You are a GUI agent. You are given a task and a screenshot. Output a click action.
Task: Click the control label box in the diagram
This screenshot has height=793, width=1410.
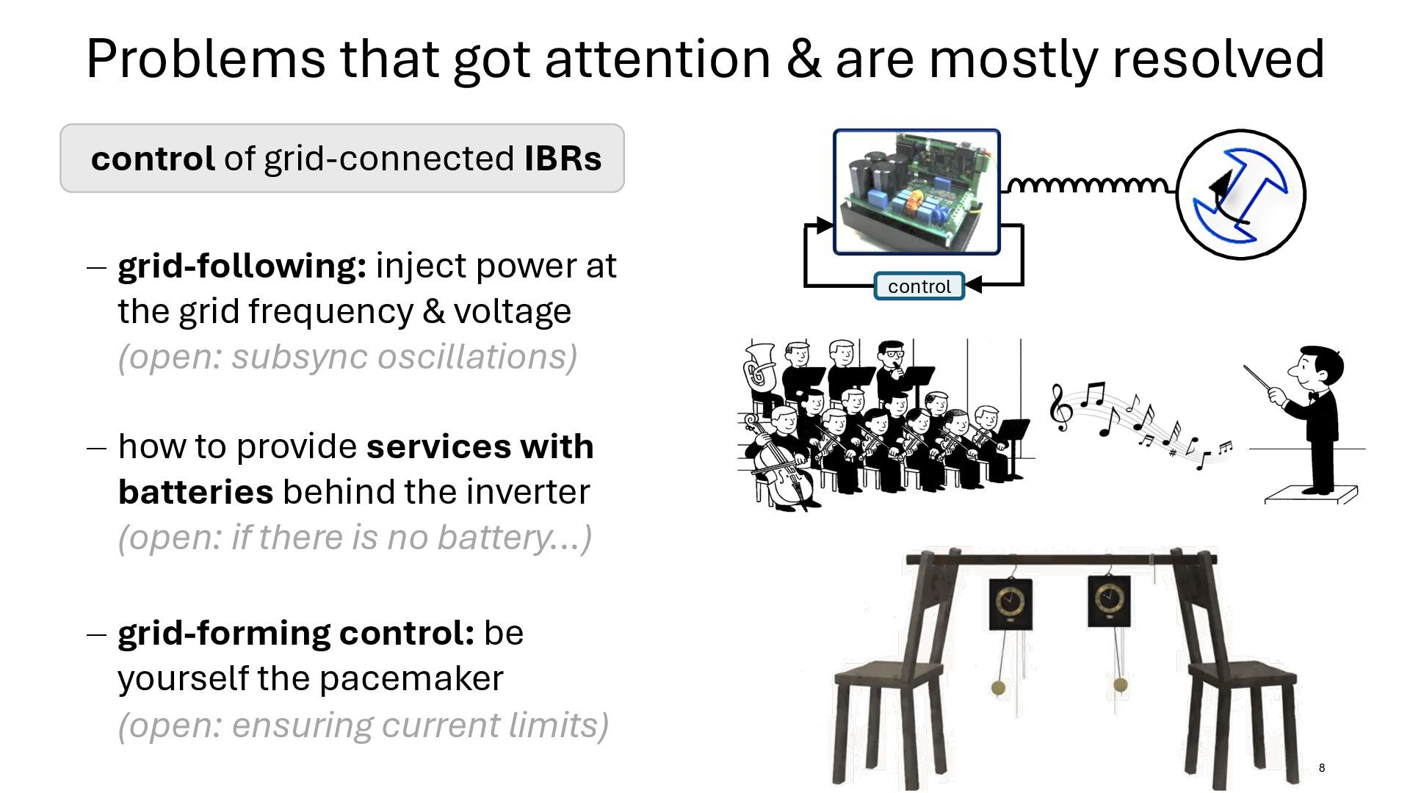(x=919, y=286)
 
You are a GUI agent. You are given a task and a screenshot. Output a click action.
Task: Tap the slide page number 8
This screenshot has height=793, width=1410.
(x=1322, y=768)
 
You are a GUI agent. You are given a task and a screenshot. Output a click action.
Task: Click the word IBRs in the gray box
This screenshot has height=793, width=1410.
(x=563, y=159)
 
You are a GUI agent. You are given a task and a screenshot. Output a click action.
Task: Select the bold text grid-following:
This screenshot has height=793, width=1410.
(x=242, y=266)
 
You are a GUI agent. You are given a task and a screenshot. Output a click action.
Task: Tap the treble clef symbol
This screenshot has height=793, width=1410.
(x=1060, y=408)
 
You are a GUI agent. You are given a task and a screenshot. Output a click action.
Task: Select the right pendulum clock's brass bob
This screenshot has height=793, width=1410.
(x=1120, y=685)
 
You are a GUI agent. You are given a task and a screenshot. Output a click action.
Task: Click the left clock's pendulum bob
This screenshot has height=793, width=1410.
(x=998, y=688)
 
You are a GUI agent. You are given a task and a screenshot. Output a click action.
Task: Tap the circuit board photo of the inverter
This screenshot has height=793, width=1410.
(x=916, y=192)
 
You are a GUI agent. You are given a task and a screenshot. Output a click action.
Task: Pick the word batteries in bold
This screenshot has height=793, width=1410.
(x=195, y=492)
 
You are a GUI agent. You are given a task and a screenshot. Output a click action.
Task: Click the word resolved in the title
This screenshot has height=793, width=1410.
(x=1218, y=59)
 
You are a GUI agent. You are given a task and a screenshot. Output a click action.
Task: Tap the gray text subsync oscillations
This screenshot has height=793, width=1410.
(x=404, y=358)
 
